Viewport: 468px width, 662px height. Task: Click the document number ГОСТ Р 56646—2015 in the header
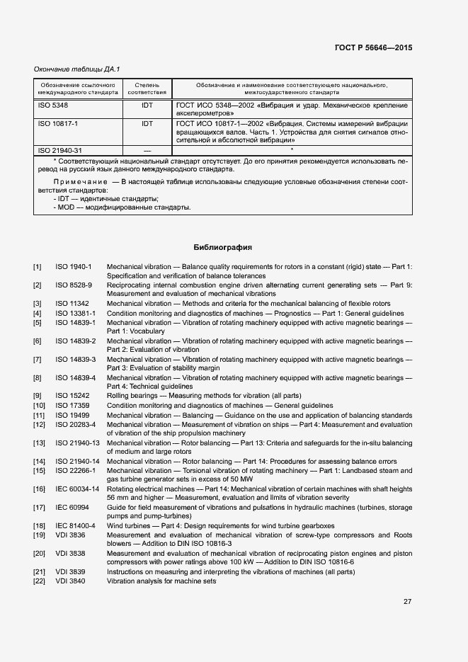373,48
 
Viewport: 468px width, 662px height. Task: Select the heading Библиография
223,248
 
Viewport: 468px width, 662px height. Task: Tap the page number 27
408,602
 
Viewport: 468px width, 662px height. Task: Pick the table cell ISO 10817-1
57,123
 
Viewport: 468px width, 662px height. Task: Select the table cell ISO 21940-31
59,150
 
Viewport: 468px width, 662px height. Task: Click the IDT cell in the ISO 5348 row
147,105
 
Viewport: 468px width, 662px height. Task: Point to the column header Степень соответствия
147,89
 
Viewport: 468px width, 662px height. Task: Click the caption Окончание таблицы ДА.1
77,69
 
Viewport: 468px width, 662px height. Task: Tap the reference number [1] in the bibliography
38,267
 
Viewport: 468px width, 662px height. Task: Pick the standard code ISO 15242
72,395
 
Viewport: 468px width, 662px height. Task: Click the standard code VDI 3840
69,581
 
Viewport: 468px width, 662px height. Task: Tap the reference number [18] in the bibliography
39,525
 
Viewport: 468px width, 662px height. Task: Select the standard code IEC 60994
72,507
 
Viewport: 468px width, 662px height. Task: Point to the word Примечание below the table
76,182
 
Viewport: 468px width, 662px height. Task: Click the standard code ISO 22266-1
74,470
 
